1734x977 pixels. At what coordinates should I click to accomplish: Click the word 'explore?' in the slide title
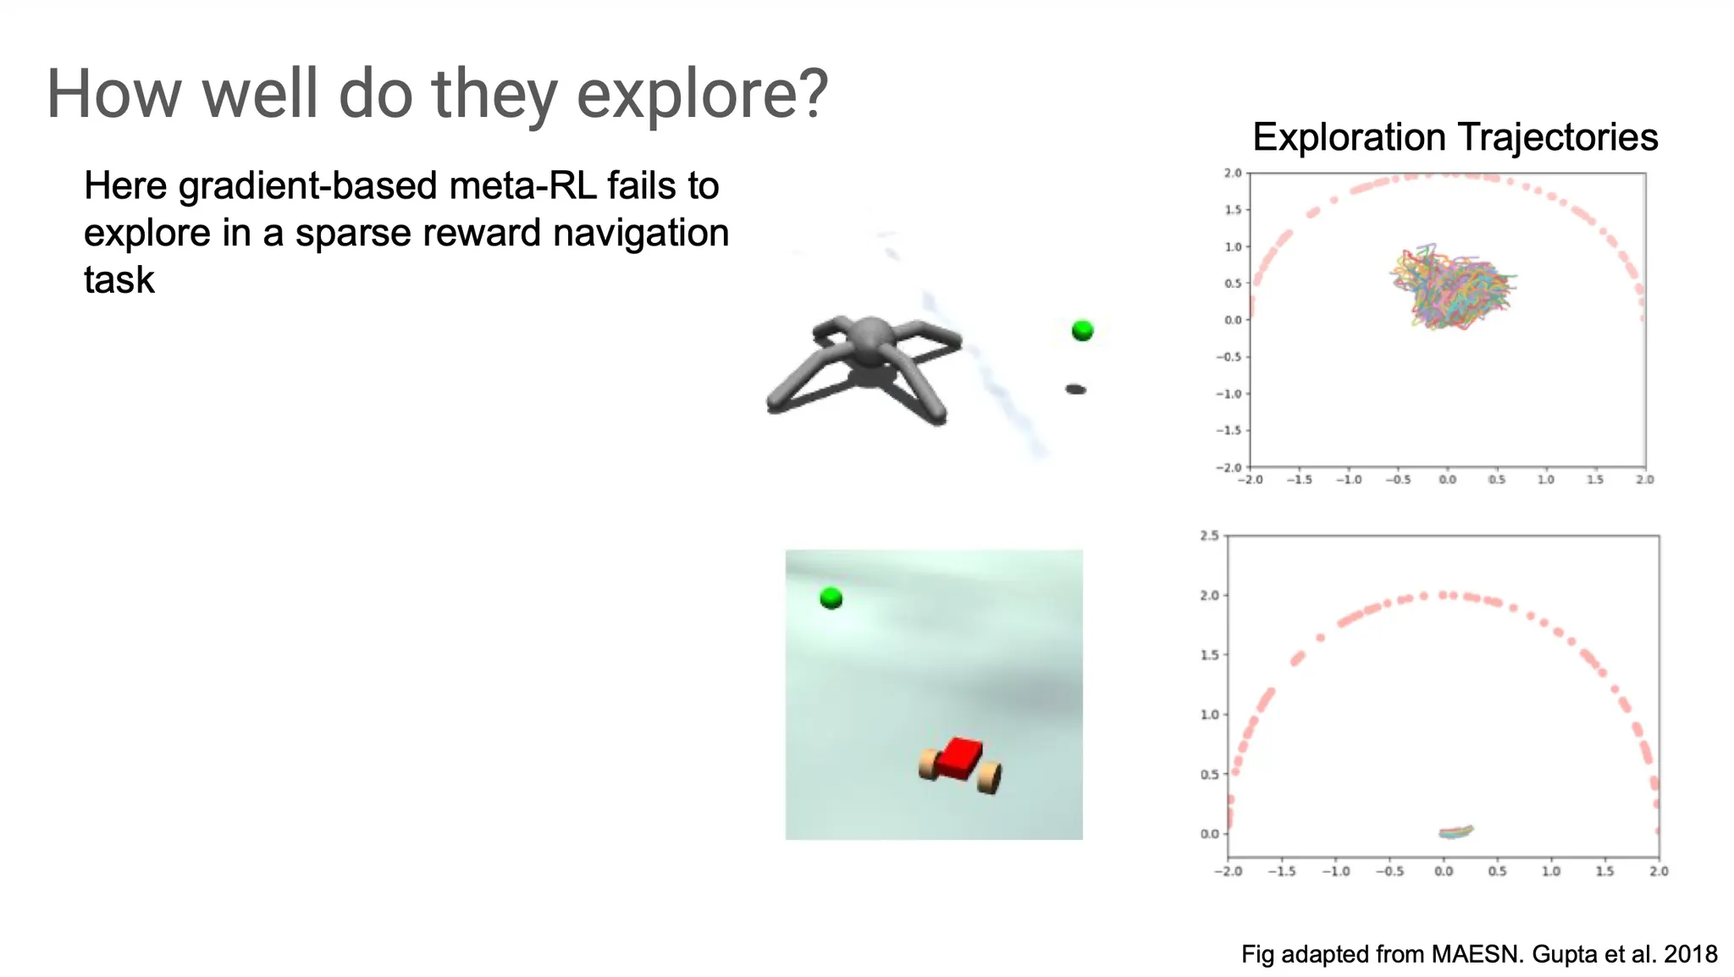click(x=702, y=94)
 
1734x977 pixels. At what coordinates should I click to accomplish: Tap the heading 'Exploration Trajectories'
click(x=1455, y=137)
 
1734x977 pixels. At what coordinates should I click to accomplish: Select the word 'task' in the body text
click(x=119, y=280)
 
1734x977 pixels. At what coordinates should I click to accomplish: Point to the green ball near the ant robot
click(x=1082, y=330)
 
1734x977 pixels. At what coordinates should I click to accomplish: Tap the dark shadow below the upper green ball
click(x=1075, y=389)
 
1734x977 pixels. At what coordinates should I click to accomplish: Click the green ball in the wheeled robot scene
click(x=831, y=599)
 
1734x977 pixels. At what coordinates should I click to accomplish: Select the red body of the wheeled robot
click(x=960, y=758)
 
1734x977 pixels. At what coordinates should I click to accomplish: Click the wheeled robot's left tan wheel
click(x=929, y=764)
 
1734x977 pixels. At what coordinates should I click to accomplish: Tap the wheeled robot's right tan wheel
click(x=989, y=777)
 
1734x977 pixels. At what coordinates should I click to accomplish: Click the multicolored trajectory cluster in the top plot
click(x=1451, y=287)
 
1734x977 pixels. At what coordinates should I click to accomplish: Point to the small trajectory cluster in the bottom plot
click(x=1455, y=832)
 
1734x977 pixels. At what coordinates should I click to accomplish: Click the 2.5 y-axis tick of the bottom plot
click(x=1209, y=536)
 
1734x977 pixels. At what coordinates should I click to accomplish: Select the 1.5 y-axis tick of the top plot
click(x=1233, y=210)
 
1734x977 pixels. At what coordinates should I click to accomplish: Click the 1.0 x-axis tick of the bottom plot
click(x=1551, y=871)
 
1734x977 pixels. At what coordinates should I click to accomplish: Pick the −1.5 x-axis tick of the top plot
click(x=1300, y=480)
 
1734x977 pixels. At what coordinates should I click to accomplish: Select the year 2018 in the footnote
click(x=1690, y=955)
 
